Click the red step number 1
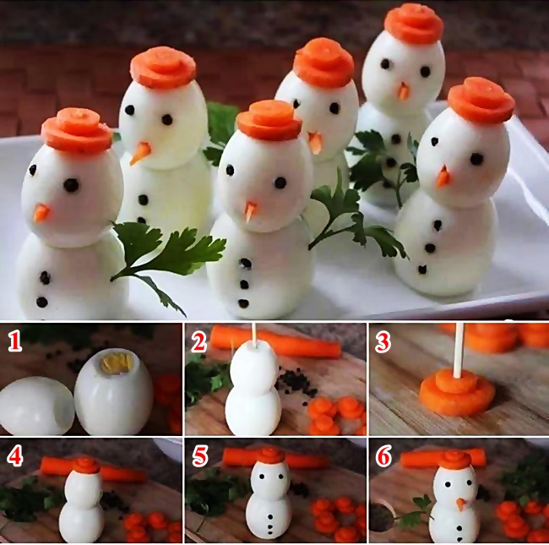[x=14, y=342]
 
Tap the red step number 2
[x=198, y=342]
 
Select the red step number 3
[x=383, y=342]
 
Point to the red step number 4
[x=14, y=455]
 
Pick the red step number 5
[x=199, y=455]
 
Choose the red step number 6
[x=383, y=455]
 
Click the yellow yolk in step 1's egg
[x=117, y=362]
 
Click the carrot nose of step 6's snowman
[x=461, y=504]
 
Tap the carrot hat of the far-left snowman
[x=77, y=130]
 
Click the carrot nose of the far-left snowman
[x=41, y=213]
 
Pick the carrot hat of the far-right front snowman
[x=481, y=101]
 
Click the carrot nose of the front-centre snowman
[x=251, y=210]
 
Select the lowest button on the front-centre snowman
[x=243, y=302]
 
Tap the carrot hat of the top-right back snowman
[x=414, y=24]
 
